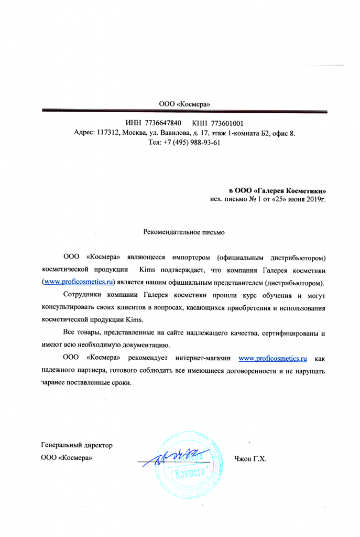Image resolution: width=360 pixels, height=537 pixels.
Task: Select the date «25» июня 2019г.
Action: pos(291,200)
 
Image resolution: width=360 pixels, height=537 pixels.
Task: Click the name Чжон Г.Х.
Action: pos(251,459)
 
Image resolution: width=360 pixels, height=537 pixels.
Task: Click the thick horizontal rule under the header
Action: pos(184,112)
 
